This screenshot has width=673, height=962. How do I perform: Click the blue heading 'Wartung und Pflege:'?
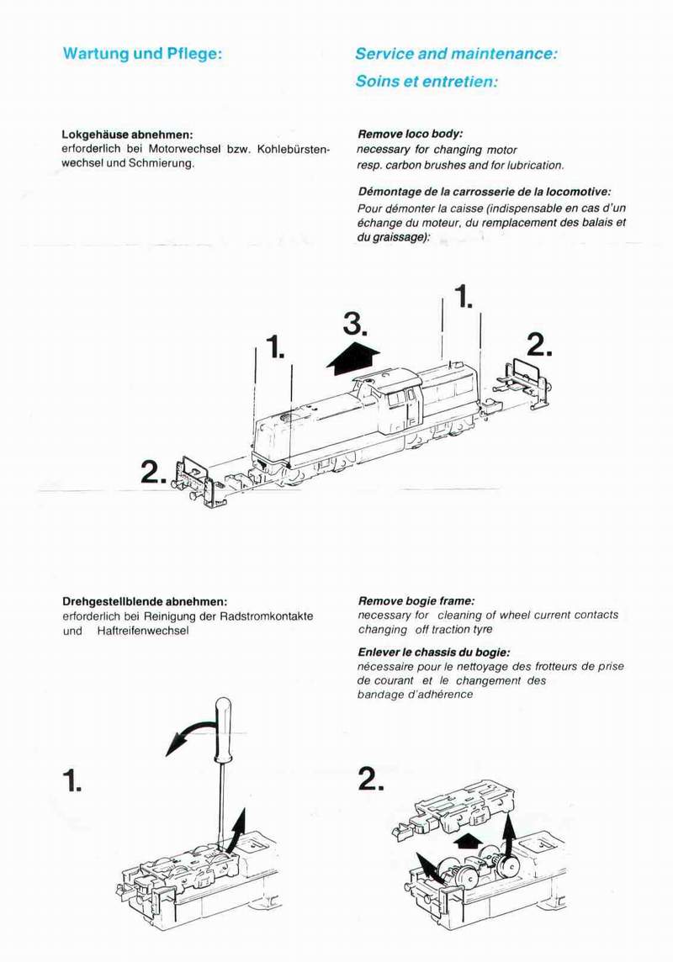pos(142,54)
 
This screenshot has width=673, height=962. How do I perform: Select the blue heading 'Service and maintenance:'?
pos(456,54)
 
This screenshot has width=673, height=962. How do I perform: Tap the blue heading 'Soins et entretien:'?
pos(427,82)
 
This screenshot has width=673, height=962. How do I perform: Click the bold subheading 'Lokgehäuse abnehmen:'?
pos(128,135)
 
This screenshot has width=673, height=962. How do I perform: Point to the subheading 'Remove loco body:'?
pos(411,134)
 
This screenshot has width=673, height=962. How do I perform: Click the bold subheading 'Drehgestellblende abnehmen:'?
pos(145,601)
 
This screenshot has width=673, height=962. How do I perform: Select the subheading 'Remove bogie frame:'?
pos(416,601)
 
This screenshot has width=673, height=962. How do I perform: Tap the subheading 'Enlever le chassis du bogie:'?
pos(433,653)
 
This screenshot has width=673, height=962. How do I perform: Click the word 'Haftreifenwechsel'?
pos(142,631)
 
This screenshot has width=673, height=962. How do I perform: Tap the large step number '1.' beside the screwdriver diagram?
pos(74,782)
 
